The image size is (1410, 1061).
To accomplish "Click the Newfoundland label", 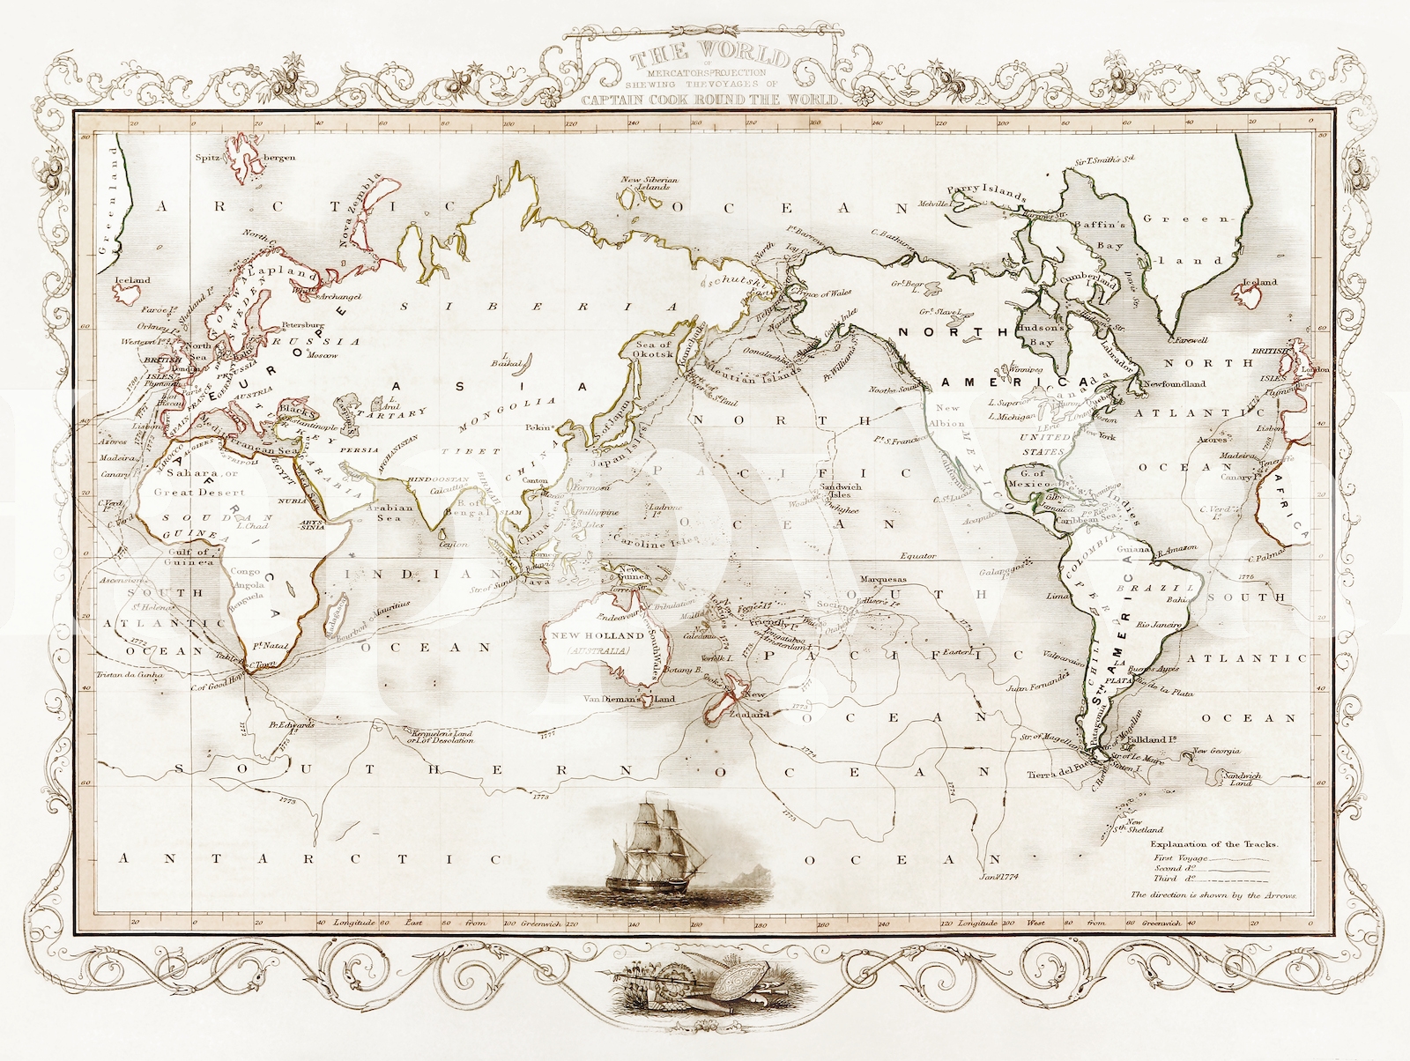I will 1174,384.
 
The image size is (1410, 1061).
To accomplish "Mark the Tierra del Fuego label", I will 1057,775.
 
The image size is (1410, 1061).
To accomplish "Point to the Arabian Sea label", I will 389,513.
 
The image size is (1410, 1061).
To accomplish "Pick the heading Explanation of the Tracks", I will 1215,844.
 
